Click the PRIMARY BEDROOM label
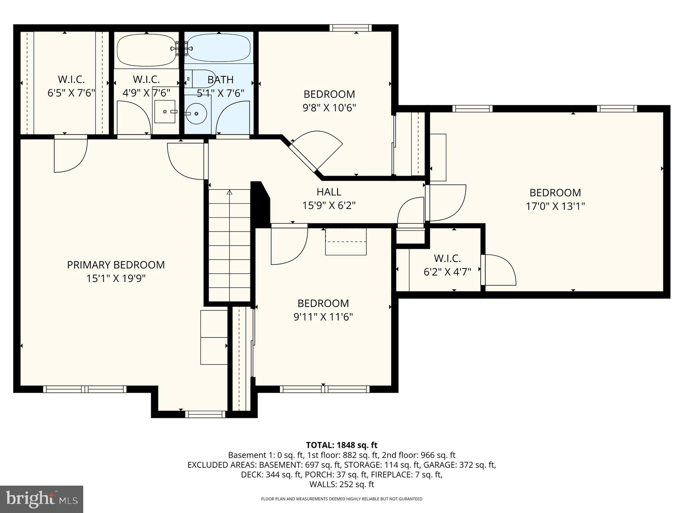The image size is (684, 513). [x=116, y=265]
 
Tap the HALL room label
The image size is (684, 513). [x=329, y=192]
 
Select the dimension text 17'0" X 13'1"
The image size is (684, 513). [x=555, y=206]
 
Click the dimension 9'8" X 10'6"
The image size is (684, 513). [x=329, y=108]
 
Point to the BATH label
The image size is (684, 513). [x=220, y=80]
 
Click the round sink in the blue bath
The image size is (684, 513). [x=196, y=113]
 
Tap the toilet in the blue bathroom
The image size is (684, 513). [x=201, y=79]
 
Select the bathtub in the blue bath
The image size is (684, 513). [x=218, y=49]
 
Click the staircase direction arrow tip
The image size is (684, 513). [x=229, y=193]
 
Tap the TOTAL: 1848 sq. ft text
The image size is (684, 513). [x=342, y=445]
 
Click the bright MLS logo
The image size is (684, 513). [x=41, y=499]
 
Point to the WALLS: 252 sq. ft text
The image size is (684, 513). [x=342, y=484]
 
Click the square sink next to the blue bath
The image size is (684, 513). [x=165, y=112]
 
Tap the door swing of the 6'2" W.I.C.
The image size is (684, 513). [x=499, y=271]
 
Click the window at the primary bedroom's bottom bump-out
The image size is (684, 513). [x=205, y=414]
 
